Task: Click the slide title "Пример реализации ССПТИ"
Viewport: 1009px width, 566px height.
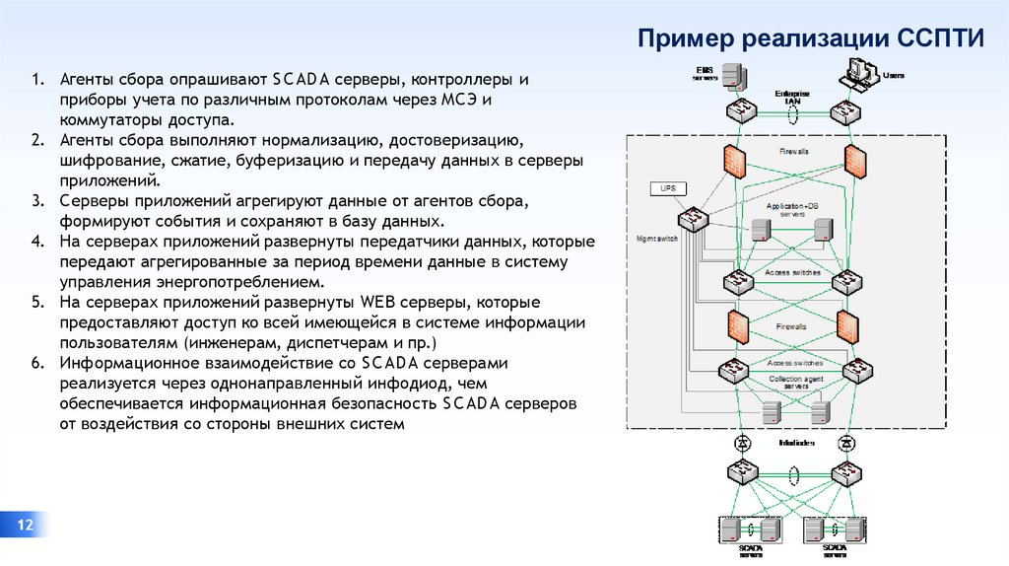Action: (810, 38)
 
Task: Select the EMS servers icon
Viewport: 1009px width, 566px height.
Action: (730, 77)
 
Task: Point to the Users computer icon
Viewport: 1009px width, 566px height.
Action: (857, 73)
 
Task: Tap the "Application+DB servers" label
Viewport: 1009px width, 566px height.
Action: (792, 209)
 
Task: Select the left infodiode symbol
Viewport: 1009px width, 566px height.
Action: (741, 443)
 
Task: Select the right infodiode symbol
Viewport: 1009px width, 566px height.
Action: (845, 443)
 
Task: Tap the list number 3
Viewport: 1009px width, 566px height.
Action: (35, 201)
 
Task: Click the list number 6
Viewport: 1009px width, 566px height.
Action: (35, 363)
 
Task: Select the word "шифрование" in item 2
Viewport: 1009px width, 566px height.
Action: (105, 161)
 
